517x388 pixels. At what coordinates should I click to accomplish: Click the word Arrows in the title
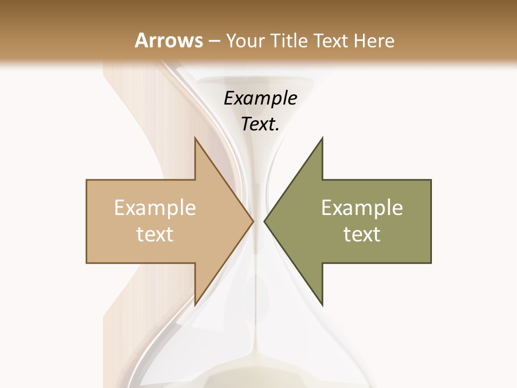(x=169, y=40)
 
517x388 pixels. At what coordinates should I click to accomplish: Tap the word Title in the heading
(x=288, y=40)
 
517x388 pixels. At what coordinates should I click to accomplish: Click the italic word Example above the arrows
(x=261, y=98)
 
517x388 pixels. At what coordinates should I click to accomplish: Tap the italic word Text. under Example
(x=261, y=124)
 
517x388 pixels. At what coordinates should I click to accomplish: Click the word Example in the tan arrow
(x=155, y=208)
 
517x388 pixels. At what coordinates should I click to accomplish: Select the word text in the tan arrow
(x=155, y=234)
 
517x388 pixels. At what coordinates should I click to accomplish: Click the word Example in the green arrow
(x=362, y=208)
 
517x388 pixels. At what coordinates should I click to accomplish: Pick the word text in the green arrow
(x=362, y=234)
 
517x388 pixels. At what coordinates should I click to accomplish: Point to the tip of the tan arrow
(x=253, y=221)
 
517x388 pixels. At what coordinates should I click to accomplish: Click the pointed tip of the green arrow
(x=264, y=221)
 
